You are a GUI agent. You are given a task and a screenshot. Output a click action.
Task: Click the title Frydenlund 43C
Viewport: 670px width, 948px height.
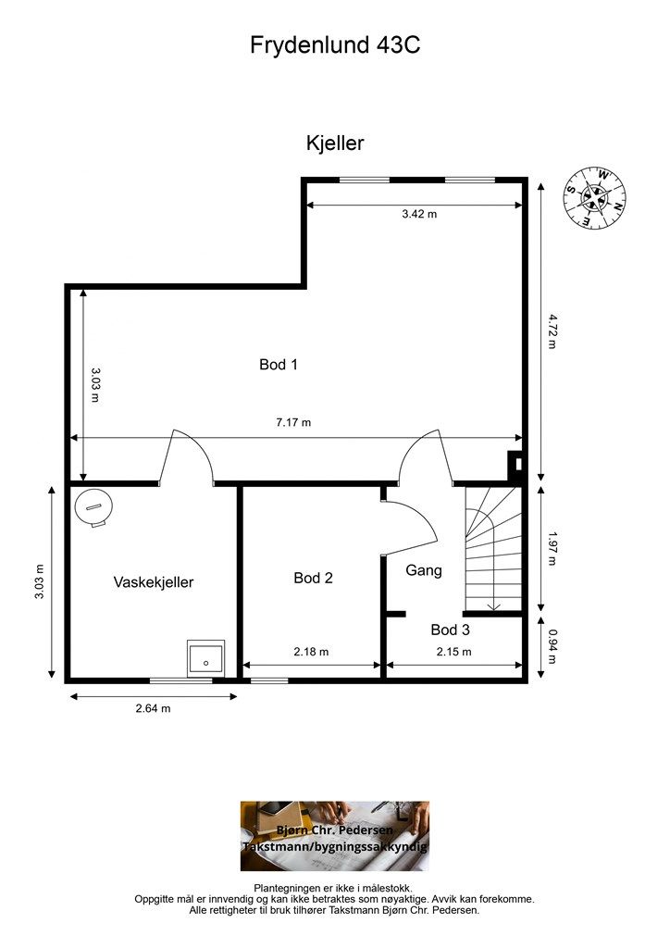coord(335,44)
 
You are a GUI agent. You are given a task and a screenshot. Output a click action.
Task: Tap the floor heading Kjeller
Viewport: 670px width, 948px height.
coord(335,143)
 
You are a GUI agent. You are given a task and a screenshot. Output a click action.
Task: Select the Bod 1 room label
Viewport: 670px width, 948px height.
coord(278,365)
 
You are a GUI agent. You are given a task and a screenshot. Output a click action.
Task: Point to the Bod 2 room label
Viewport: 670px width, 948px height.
coord(313,578)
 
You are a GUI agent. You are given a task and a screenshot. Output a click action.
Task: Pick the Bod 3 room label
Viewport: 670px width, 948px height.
coord(450,630)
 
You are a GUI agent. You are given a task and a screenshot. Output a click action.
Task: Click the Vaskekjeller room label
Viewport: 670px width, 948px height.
coord(154,582)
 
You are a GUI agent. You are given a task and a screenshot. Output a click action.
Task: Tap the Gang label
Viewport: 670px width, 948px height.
coord(424,570)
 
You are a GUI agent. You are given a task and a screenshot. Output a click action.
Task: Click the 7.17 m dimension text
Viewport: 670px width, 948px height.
coord(293,422)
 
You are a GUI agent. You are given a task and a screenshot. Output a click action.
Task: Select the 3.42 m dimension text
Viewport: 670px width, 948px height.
coord(419,214)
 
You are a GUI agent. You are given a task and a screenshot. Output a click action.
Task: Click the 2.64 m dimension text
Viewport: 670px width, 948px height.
coord(153,708)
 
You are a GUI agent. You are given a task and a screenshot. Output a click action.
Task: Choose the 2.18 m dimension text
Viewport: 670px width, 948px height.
coord(311,652)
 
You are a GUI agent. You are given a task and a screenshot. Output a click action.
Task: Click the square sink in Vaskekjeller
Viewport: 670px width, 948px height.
coord(205,658)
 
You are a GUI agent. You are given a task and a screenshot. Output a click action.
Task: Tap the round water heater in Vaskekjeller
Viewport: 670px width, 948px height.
coord(93,507)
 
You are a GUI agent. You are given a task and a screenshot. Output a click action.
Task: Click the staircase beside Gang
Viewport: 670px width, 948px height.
coord(493,549)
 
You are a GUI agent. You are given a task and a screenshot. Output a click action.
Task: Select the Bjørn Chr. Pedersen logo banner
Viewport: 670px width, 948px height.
coord(335,836)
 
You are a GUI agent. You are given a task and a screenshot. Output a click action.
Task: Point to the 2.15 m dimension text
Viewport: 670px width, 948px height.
coord(454,652)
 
